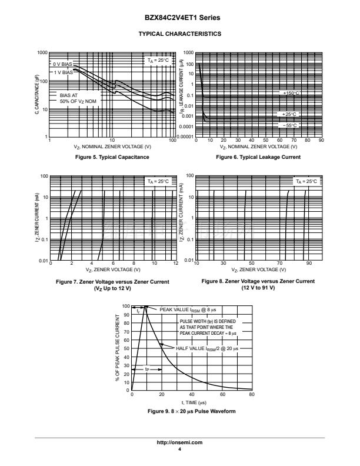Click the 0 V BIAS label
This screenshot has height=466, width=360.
coord(62,64)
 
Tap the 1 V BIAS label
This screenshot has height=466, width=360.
coord(63,72)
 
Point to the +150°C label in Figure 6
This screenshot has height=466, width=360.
coord(290,93)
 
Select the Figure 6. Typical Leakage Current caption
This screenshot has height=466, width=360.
coord(258,157)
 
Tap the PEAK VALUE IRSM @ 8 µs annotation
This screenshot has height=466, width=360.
coord(186,309)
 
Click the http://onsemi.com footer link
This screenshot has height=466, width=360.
coord(179,442)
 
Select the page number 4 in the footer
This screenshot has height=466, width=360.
coord(179,449)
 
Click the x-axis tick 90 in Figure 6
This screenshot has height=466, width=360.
coord(321,141)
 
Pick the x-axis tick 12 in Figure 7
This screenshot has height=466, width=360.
coord(175,264)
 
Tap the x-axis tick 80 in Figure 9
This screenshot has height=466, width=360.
coord(252,395)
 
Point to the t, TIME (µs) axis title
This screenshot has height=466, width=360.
coord(192,402)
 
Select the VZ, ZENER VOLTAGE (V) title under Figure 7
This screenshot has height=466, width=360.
coord(112,269)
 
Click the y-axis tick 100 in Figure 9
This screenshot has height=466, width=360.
coord(125,306)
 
